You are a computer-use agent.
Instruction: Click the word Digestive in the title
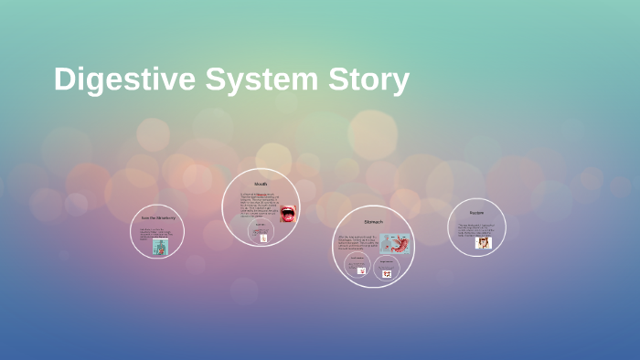point(123,79)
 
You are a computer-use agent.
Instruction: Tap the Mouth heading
point(261,185)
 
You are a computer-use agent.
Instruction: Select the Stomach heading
point(373,222)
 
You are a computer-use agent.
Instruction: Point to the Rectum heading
point(476,213)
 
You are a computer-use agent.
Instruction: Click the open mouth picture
point(287,215)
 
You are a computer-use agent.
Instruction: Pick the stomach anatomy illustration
point(396,243)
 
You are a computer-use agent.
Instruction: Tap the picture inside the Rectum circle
point(484,242)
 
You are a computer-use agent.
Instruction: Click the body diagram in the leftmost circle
point(160,247)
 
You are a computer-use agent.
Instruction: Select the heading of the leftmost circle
point(157,217)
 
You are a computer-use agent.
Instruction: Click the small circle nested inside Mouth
point(261,231)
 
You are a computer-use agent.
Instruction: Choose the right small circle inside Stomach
point(387,267)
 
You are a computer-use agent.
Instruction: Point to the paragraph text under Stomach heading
point(357,242)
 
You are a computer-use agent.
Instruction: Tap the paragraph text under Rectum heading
point(475,229)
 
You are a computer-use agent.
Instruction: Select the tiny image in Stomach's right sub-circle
point(387,272)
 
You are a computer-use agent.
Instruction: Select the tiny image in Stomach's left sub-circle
point(361,270)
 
